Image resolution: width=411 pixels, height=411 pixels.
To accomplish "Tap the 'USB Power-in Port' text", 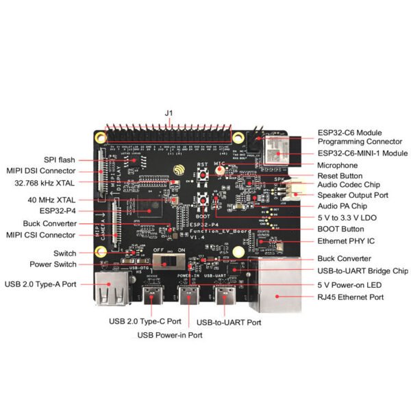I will pyautogui.click(x=169, y=335).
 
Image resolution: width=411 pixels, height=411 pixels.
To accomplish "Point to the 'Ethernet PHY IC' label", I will pyautogui.click(x=347, y=242).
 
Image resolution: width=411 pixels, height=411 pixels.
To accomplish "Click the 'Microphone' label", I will pyautogui.click(x=337, y=165).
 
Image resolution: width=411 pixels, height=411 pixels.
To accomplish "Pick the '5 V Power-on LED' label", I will pyautogui.click(x=349, y=284).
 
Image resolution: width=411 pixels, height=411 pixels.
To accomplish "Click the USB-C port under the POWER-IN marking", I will pyautogui.click(x=188, y=298).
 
